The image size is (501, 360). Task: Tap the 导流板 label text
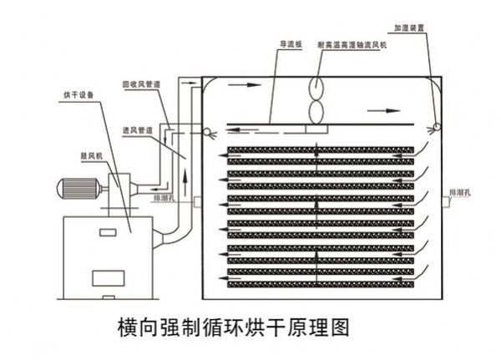pyautogui.click(x=289, y=45)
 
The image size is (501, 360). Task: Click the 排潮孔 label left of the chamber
pyautogui.click(x=164, y=199)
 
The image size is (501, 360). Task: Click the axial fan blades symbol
pyautogui.click(x=318, y=99)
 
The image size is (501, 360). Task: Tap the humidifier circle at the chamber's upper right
pyautogui.click(x=435, y=128)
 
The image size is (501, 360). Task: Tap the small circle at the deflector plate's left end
pyautogui.click(x=206, y=130)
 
